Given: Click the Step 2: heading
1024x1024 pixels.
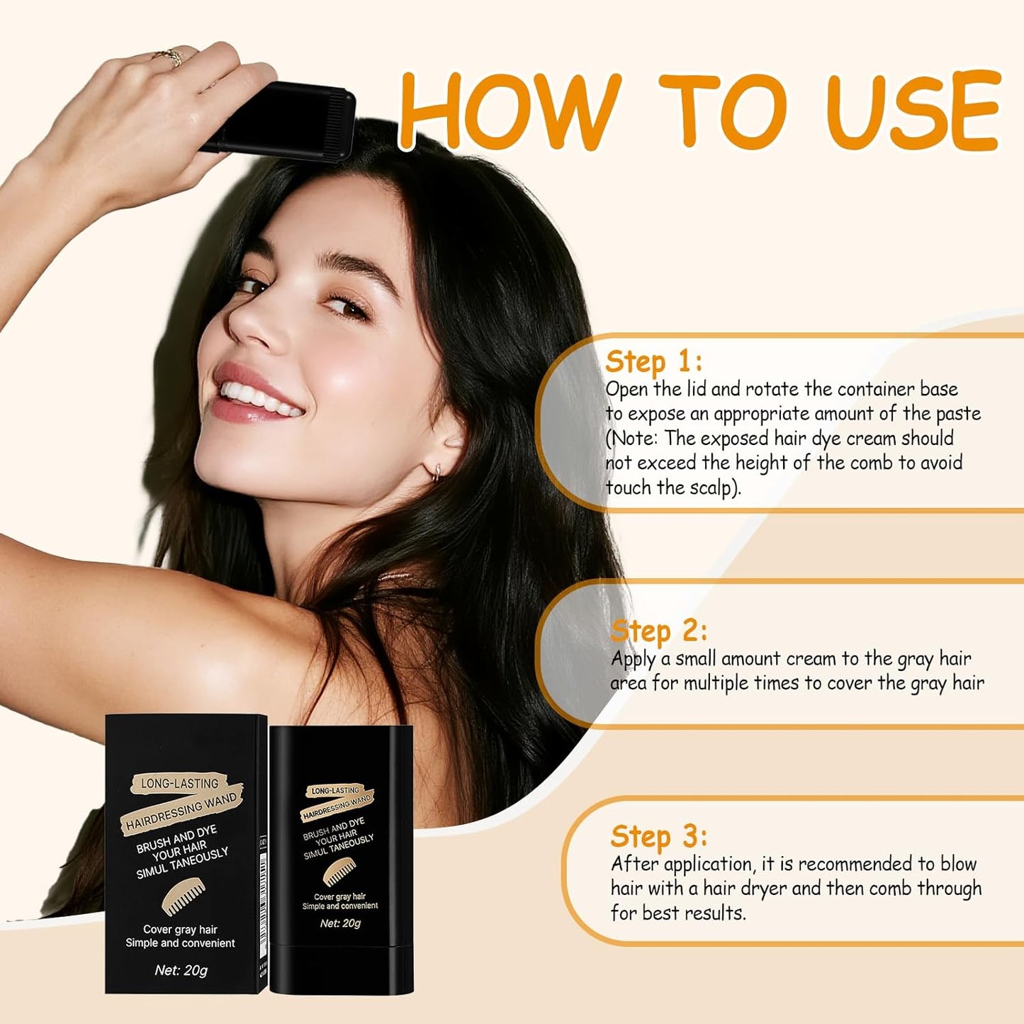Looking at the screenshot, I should tap(658, 630).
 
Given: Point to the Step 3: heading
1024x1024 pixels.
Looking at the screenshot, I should tap(658, 836).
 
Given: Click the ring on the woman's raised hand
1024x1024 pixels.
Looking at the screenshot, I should tap(170, 57).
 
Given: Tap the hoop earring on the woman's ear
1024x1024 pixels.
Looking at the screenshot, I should tap(437, 471).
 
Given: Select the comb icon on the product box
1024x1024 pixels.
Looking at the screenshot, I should tap(183, 896).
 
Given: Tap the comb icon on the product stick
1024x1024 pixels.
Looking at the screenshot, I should tap(339, 872).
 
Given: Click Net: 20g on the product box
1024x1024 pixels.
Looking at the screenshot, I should tap(181, 970).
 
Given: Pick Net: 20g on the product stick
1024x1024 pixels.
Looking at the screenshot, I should tap(340, 923).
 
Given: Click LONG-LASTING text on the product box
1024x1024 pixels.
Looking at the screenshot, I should tap(179, 783).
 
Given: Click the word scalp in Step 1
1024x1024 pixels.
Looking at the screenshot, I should tap(708, 488).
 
